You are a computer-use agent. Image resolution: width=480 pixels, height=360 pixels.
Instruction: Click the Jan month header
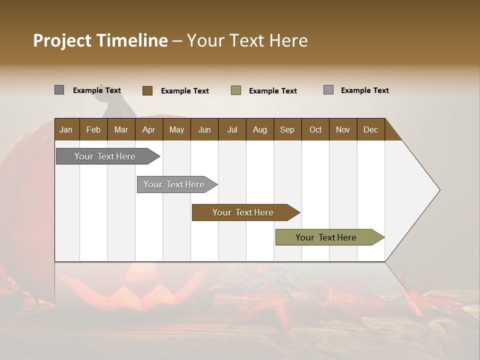tap(66, 129)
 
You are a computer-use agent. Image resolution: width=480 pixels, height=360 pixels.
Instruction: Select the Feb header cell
tap(93, 129)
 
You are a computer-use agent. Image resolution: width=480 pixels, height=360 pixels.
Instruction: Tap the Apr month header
tap(148, 129)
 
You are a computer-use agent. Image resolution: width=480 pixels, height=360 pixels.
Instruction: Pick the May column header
tap(176, 129)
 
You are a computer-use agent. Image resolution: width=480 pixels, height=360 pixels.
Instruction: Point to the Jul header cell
tap(232, 129)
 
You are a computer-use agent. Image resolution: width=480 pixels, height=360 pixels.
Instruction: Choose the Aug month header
tap(259, 129)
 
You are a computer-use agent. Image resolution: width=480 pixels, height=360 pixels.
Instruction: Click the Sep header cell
tap(287, 129)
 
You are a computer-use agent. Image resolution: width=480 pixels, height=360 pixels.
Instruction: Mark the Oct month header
tap(315, 129)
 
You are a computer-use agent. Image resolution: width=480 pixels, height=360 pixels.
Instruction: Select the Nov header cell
tap(342, 129)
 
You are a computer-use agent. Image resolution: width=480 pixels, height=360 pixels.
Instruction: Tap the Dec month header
tap(370, 129)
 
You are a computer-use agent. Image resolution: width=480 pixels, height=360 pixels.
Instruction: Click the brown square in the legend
tap(147, 90)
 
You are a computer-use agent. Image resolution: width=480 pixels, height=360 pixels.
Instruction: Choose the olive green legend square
tap(236, 90)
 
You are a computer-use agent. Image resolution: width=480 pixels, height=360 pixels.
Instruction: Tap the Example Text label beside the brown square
tap(184, 91)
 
